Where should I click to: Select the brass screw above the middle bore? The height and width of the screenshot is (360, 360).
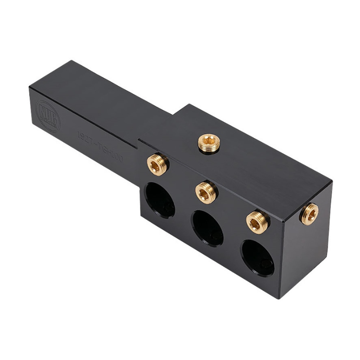tap(207, 192)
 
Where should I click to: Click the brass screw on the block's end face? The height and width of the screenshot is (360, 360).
tap(310, 213)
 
